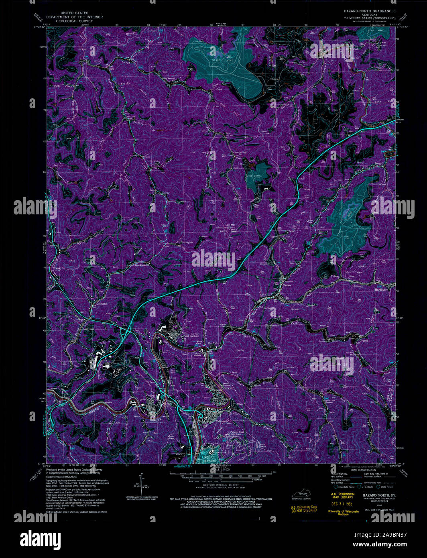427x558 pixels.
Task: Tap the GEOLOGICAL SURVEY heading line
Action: click(x=74, y=20)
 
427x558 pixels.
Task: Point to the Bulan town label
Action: click(x=287, y=285)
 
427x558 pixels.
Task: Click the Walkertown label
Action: click(x=211, y=422)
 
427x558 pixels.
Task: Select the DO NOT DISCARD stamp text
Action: click(x=303, y=511)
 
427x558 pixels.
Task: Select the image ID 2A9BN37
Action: click(x=391, y=535)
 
